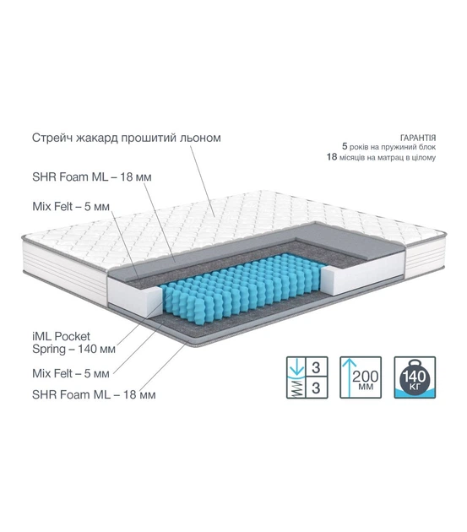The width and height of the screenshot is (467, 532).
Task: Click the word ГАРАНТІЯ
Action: (418, 138)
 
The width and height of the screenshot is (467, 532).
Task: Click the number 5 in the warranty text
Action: (345, 147)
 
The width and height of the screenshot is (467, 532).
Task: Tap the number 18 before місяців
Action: (332, 157)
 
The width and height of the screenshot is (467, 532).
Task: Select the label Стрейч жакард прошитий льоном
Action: (127, 138)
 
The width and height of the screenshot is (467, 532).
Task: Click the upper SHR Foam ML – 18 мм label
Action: (92, 176)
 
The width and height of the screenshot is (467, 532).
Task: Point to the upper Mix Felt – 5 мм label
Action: (71, 206)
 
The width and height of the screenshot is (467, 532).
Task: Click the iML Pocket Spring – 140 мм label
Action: (73, 343)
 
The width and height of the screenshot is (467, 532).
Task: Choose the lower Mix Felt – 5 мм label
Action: (71, 373)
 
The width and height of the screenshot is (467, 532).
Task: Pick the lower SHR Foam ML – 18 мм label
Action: (94, 394)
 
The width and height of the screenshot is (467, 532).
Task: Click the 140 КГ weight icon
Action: (415, 377)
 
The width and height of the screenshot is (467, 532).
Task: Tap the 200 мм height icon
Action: (361, 377)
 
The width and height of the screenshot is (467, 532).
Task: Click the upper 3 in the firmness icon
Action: (316, 367)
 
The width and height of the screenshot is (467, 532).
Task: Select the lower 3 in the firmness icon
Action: (316, 388)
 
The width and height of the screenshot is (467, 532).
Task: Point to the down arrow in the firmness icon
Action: (296, 367)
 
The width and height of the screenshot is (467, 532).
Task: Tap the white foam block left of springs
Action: (134, 296)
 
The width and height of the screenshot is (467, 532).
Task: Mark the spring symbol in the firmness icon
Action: (296, 388)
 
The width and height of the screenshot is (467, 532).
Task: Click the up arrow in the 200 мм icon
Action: (350, 377)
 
